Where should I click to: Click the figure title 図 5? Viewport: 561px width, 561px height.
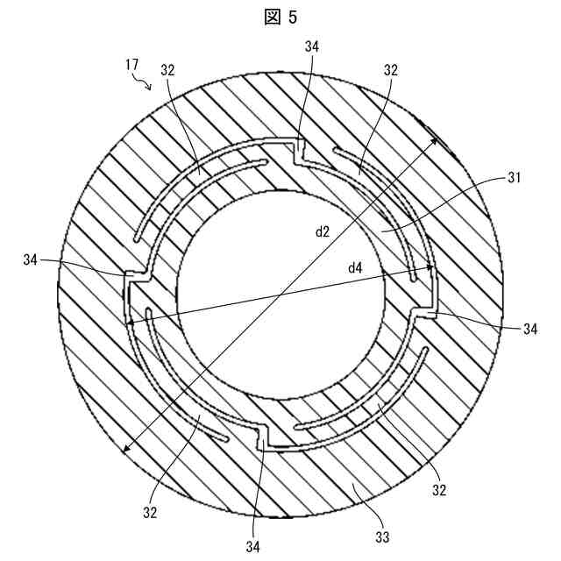click(280, 18)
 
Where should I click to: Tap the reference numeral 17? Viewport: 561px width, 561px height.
click(131, 63)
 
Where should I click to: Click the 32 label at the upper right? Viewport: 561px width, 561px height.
click(391, 68)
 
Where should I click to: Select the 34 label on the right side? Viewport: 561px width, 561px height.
click(529, 329)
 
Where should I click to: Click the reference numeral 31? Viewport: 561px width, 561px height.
click(515, 179)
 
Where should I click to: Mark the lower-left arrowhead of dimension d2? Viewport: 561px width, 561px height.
click(125, 451)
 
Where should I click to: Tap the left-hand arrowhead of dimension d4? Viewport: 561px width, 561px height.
click(130, 323)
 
